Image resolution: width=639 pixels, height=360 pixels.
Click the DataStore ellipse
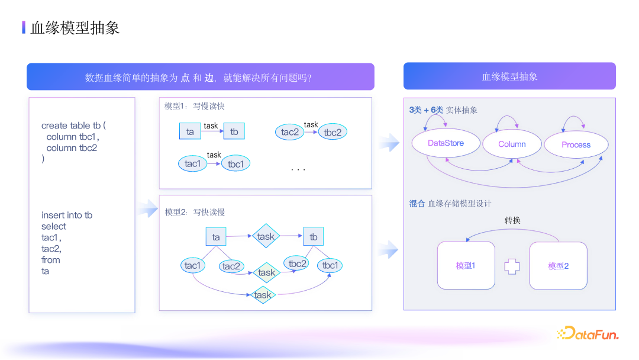pos(446,143)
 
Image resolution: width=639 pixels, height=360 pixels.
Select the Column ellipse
pos(512,144)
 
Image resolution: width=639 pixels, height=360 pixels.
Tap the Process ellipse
pos(576,144)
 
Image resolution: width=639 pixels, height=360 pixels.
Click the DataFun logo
pos(588,334)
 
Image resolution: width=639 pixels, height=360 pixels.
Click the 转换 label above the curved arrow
pos(512,221)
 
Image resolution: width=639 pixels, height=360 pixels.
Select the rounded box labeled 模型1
pos(466,265)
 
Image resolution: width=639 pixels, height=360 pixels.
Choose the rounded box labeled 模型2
pos(558,266)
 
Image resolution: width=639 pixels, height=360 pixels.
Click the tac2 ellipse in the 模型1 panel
pos(290,132)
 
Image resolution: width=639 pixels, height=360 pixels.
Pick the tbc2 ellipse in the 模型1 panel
pos(333,133)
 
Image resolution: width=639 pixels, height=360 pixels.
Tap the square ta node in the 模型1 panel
pos(190,131)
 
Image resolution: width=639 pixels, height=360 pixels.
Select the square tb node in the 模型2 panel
pos(314,237)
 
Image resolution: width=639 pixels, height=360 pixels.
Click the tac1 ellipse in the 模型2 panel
pos(193,265)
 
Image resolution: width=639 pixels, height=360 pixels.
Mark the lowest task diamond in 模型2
pos(262,295)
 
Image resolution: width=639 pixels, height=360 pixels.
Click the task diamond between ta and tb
pos(266,236)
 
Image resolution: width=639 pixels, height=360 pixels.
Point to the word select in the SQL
pos(54,226)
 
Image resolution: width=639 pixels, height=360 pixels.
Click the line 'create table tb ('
pos(73,126)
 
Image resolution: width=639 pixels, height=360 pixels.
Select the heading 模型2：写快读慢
pos(195,212)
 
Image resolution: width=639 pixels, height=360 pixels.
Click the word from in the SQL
pos(51,260)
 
